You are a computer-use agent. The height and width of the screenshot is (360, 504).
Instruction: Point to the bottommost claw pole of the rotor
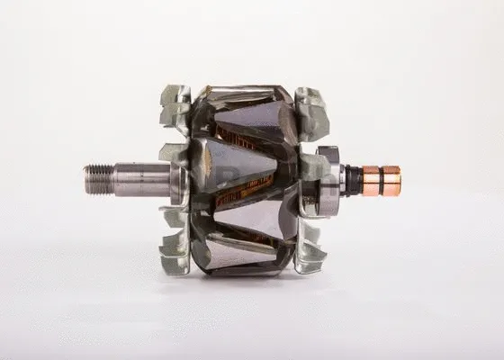238,261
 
